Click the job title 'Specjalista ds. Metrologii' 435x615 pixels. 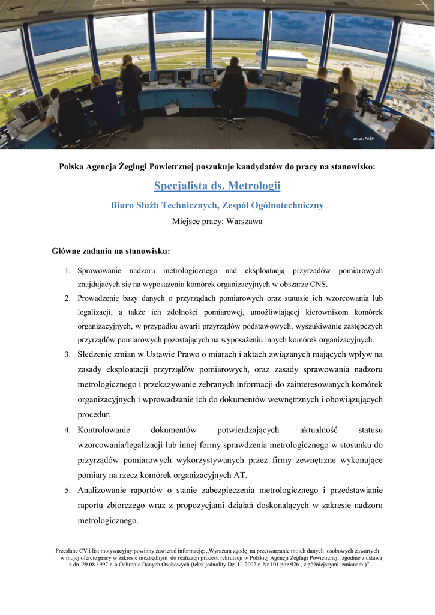217,186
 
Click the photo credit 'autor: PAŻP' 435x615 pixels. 363,139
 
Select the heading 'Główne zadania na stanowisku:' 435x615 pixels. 111,250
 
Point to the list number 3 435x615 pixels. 68,355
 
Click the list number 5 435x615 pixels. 68,491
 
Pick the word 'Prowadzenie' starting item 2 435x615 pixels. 98,298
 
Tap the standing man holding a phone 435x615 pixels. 131,90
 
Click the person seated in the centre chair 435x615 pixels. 231,90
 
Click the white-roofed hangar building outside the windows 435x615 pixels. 281,58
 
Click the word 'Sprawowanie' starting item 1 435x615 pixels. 100,271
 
